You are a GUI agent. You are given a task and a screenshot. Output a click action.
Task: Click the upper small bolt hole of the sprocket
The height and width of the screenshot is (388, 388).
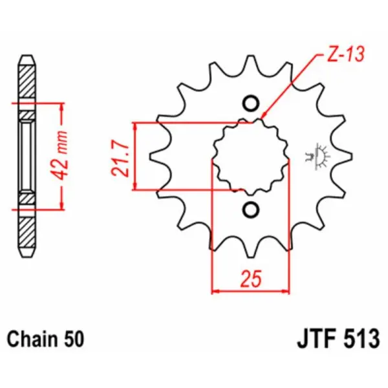coord(251,103)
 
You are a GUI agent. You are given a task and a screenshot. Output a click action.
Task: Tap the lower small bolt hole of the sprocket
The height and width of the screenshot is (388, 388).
coord(251,210)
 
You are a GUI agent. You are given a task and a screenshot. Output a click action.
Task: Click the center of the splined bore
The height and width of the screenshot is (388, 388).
coord(251,156)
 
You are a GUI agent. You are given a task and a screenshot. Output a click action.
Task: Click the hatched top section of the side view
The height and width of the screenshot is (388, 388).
coord(26,81)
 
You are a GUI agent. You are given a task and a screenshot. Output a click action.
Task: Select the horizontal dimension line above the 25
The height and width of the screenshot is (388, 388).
coord(251,291)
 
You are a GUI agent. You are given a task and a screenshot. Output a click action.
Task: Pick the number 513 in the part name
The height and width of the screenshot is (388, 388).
coord(363,339)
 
